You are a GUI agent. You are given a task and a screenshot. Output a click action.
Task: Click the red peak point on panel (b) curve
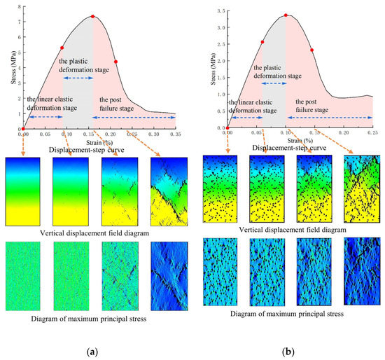pos(286,15)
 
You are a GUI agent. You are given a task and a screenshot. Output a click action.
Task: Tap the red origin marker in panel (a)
pos(22,129)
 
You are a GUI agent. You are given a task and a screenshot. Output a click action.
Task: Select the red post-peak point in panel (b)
pos(311,50)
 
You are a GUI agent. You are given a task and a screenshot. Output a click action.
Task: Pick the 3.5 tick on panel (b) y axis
pos(220,11)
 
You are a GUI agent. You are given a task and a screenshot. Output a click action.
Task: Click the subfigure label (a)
pos(92,347)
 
